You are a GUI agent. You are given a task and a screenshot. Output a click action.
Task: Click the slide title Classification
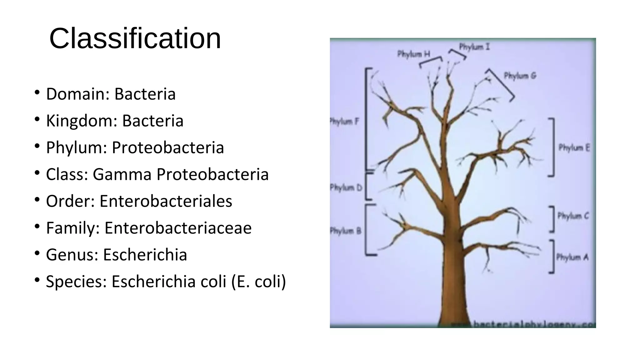135,38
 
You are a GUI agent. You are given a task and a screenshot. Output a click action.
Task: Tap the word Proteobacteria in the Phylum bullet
168,147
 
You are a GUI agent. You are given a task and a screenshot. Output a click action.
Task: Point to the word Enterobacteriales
166,201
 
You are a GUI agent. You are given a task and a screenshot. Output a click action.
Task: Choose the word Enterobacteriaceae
178,228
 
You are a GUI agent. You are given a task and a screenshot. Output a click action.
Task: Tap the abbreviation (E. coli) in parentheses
259,281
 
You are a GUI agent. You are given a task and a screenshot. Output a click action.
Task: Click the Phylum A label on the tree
572,257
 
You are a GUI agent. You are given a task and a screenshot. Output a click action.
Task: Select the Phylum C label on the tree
573,216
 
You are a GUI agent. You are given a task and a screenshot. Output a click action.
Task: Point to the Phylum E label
574,147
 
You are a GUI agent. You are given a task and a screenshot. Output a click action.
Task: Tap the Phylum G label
520,76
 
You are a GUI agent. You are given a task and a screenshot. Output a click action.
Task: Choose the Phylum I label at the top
474,47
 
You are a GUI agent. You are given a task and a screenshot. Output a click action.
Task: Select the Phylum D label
346,187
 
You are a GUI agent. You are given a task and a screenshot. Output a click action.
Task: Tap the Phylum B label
346,231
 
